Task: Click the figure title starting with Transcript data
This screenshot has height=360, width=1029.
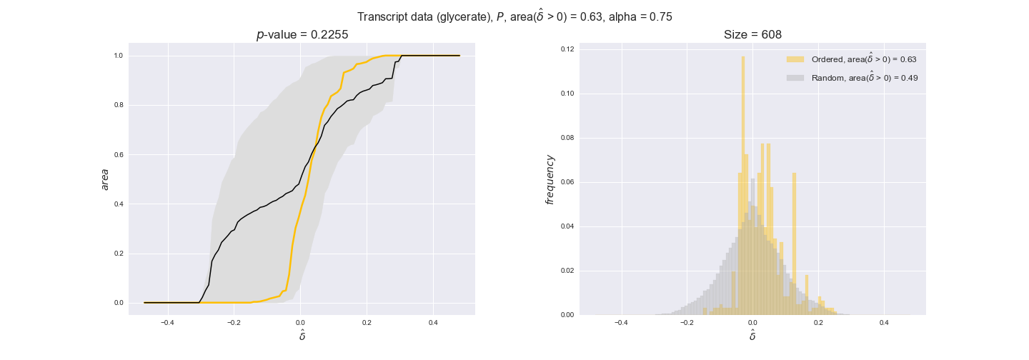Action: click(514, 16)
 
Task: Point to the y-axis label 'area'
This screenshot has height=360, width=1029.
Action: click(105, 179)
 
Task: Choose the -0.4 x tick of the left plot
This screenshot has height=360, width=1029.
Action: click(167, 323)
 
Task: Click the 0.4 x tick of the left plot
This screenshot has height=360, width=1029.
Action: click(433, 323)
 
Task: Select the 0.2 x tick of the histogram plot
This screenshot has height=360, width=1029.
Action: click(818, 323)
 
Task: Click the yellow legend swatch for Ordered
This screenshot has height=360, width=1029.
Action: click(795, 59)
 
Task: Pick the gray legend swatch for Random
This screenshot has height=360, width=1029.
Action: click(795, 78)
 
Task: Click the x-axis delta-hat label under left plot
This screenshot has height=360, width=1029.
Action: click(302, 335)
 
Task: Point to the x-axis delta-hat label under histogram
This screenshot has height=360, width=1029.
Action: click(752, 335)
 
